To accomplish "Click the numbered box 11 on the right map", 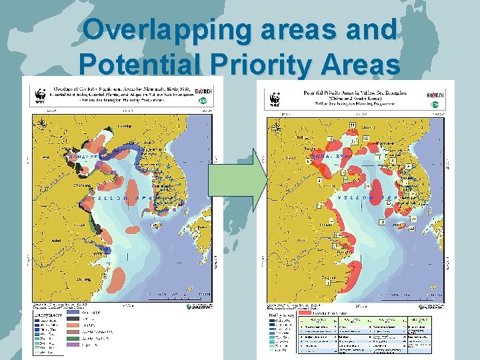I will click(352, 126).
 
